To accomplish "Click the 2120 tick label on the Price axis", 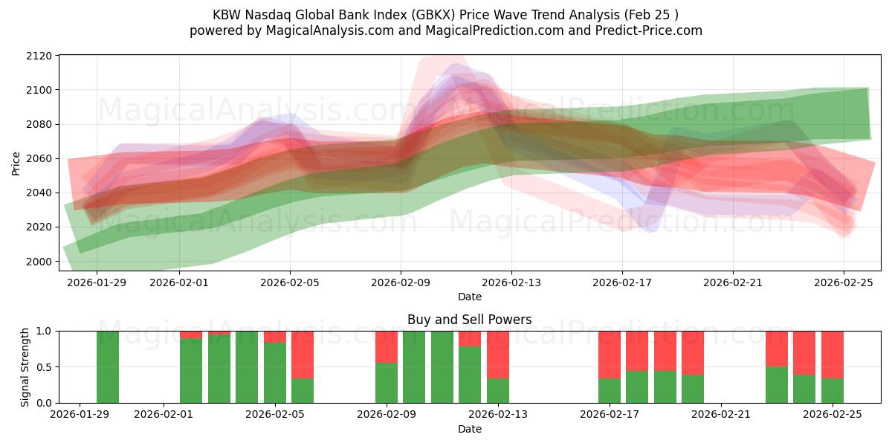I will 39,56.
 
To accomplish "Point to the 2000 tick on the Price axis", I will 39,261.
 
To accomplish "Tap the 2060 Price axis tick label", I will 39,158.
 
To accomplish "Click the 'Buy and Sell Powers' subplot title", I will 469,320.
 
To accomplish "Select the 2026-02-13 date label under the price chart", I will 511,282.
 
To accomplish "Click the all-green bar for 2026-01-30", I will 108,367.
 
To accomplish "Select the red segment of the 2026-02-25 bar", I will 833,354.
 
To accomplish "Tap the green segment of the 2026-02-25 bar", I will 833,391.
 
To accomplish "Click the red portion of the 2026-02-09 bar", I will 387,346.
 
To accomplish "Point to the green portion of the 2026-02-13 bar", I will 498,391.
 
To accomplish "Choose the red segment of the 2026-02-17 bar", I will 610,354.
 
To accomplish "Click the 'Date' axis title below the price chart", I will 469,297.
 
